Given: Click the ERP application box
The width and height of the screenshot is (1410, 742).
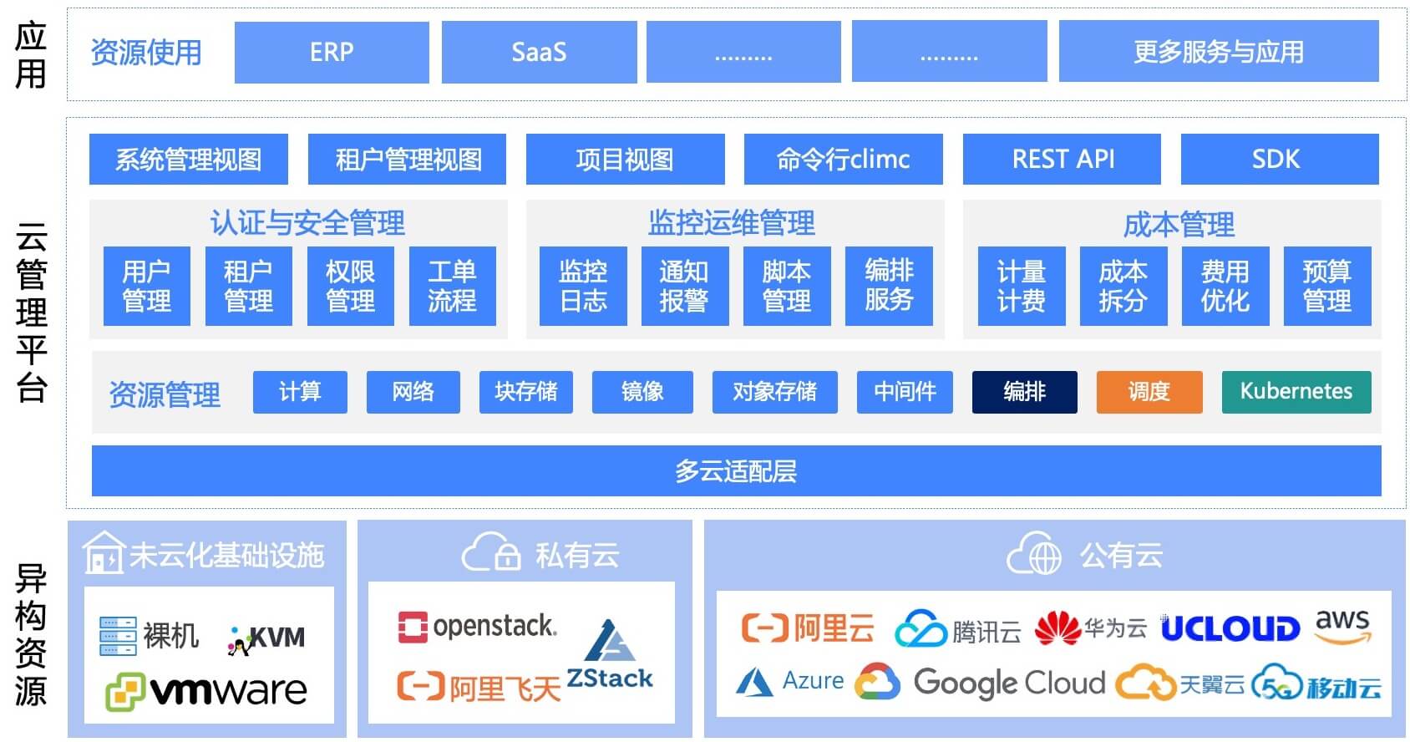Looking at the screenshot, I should click(332, 53).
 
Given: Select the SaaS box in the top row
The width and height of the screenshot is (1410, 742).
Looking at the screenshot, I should click(539, 53).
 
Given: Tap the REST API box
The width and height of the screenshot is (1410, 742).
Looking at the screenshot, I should click(1062, 159).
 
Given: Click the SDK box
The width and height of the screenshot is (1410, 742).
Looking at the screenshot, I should click(1279, 159).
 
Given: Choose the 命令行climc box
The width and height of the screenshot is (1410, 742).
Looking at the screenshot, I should click(843, 159).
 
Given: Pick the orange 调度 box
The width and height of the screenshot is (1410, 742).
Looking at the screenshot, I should click(1149, 392).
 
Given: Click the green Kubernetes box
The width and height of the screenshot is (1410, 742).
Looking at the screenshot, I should click(1296, 392).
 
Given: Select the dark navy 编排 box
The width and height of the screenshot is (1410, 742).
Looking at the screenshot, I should click(1024, 392).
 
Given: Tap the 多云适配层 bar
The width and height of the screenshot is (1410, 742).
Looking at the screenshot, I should click(736, 471).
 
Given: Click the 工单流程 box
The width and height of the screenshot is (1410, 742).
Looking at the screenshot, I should click(452, 286).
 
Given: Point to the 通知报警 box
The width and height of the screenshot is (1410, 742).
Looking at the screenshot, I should click(684, 286).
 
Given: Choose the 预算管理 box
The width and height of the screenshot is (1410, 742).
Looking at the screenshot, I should click(1326, 286).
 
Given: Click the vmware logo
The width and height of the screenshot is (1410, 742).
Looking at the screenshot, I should click(207, 691).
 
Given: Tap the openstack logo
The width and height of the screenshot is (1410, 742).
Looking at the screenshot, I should click(476, 627).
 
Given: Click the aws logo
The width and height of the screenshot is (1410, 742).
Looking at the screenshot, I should click(1342, 626).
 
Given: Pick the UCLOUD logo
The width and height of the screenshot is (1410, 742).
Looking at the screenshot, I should click(1230, 628).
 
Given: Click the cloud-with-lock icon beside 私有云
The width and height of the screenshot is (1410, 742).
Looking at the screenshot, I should click(491, 554).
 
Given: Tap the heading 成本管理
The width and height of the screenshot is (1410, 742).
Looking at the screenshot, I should click(1178, 224).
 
